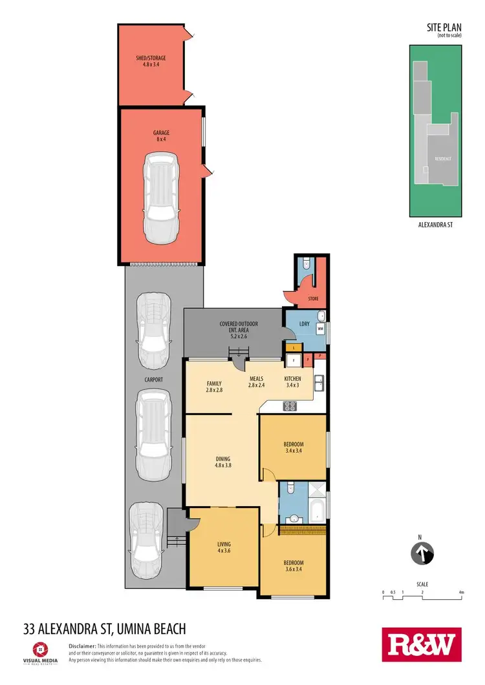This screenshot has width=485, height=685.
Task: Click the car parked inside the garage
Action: tap(160, 198)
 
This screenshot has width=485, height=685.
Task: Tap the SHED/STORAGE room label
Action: tap(151, 61)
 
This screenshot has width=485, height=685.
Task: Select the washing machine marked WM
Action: tap(320, 329)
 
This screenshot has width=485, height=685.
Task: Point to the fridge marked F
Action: tap(294, 360)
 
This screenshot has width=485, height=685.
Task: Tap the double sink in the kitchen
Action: tap(319, 383)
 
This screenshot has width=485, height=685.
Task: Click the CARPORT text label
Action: tap(154, 380)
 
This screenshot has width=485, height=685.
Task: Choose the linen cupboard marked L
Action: tap(294, 348)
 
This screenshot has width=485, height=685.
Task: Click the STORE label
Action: tap(313, 299)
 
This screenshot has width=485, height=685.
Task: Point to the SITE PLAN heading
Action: tap(442, 28)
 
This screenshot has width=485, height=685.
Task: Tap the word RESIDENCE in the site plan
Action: tap(442, 158)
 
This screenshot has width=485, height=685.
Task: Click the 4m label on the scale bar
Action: tap(462, 592)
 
